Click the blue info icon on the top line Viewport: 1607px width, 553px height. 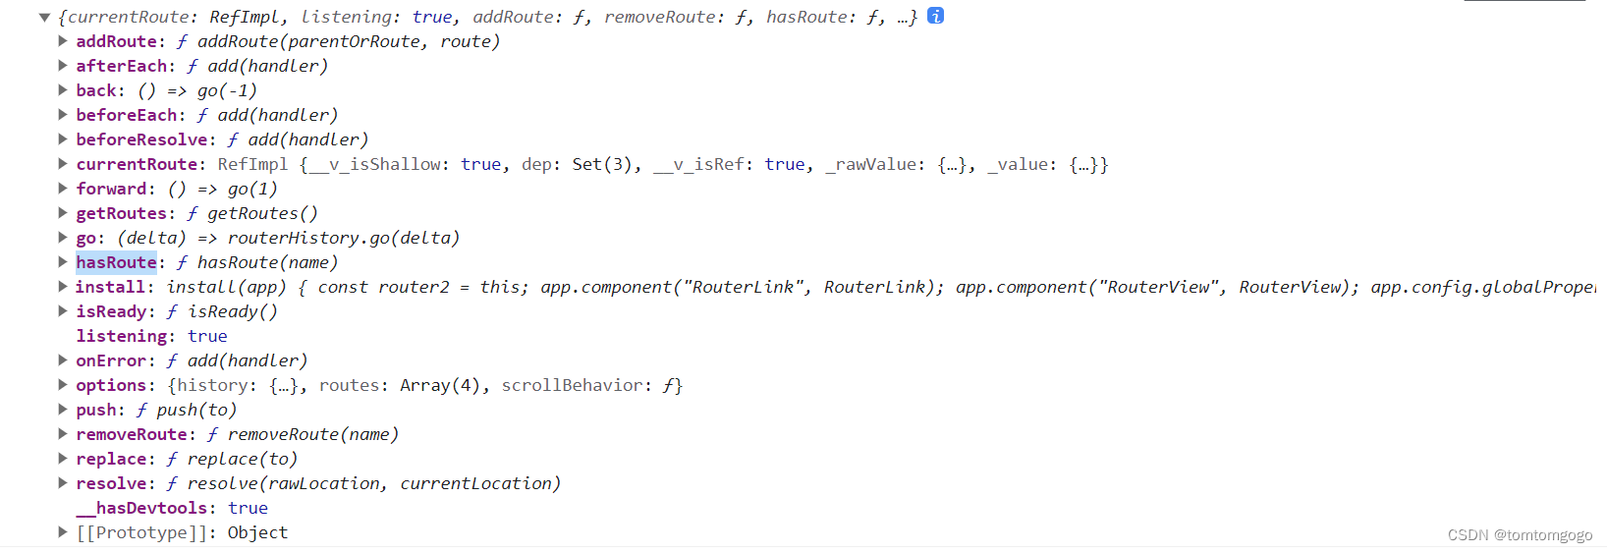coord(936,16)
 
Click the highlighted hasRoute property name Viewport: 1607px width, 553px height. coord(116,262)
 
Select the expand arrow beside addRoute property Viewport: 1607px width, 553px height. coord(63,41)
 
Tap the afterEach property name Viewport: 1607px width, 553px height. coord(121,66)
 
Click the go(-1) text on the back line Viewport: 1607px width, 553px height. coord(227,90)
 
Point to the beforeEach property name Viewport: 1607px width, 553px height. coord(126,115)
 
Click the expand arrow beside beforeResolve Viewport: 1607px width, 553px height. coord(63,139)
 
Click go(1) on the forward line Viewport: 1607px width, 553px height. coord(252,189)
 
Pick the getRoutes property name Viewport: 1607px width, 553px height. coord(121,213)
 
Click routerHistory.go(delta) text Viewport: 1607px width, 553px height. coord(344,238)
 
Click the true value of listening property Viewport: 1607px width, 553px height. coord(207,336)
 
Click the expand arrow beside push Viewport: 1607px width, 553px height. coord(63,410)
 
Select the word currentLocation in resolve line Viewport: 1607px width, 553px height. coord(479,483)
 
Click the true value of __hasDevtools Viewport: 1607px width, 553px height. coord(248,508)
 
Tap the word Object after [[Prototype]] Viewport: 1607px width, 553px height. coord(257,532)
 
